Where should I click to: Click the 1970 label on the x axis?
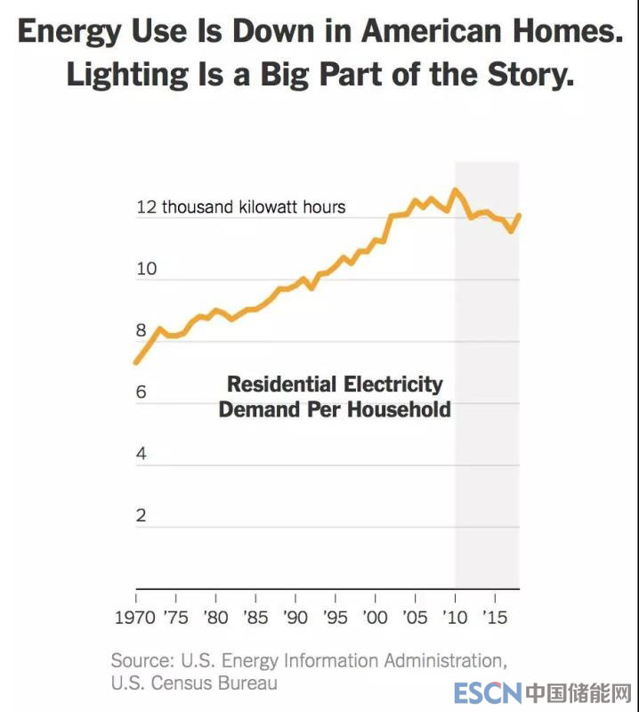click(x=137, y=617)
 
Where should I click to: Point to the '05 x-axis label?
click(x=415, y=617)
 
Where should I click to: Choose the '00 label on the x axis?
click(x=376, y=617)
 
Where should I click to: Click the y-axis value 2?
click(x=141, y=515)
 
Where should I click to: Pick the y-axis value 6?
click(x=141, y=392)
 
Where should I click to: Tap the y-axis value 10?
click(x=146, y=269)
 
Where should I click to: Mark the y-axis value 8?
click(x=141, y=330)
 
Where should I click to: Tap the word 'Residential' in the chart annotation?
click(x=276, y=384)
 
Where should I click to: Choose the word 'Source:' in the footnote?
click(x=142, y=660)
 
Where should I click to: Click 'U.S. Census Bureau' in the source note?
click(x=193, y=683)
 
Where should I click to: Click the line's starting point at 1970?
click(x=136, y=361)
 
